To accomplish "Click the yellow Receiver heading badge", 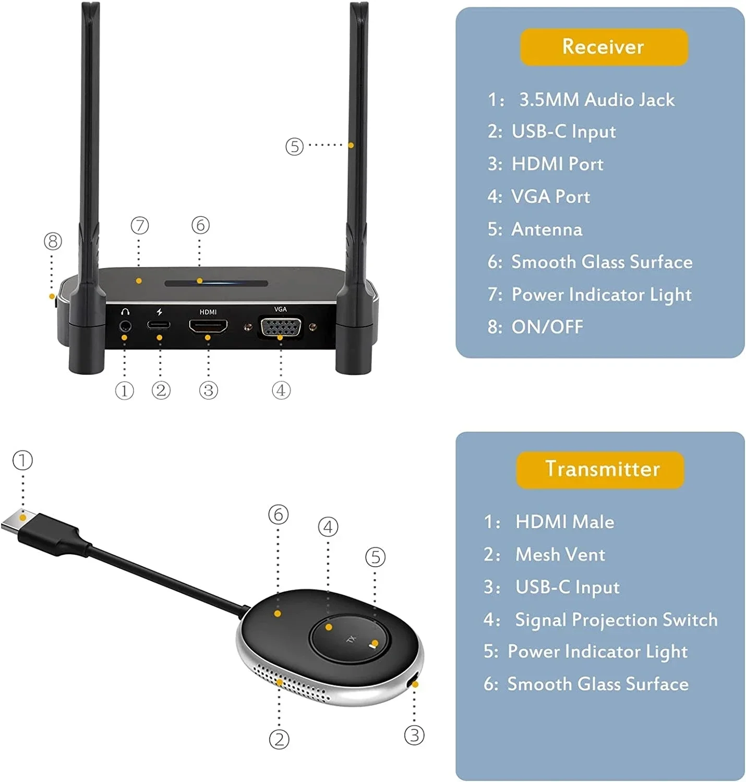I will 604,47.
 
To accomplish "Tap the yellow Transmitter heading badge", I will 600,469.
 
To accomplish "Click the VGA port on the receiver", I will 281,328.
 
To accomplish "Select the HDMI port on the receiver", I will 208,326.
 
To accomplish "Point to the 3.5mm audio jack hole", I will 125,327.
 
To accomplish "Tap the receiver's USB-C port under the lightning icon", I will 159,325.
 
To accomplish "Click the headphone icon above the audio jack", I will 125,312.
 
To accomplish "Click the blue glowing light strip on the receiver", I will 216,283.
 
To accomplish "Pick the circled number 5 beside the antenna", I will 294,146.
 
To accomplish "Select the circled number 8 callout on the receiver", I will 53,241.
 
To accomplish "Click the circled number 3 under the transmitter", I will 414,736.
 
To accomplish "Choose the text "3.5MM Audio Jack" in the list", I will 596,100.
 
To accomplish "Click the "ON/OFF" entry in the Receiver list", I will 547,327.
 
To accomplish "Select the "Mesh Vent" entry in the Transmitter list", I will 560,554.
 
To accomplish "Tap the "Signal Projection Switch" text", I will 616,619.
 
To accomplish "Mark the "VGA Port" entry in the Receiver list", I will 550,197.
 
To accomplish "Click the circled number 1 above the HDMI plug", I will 22,460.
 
